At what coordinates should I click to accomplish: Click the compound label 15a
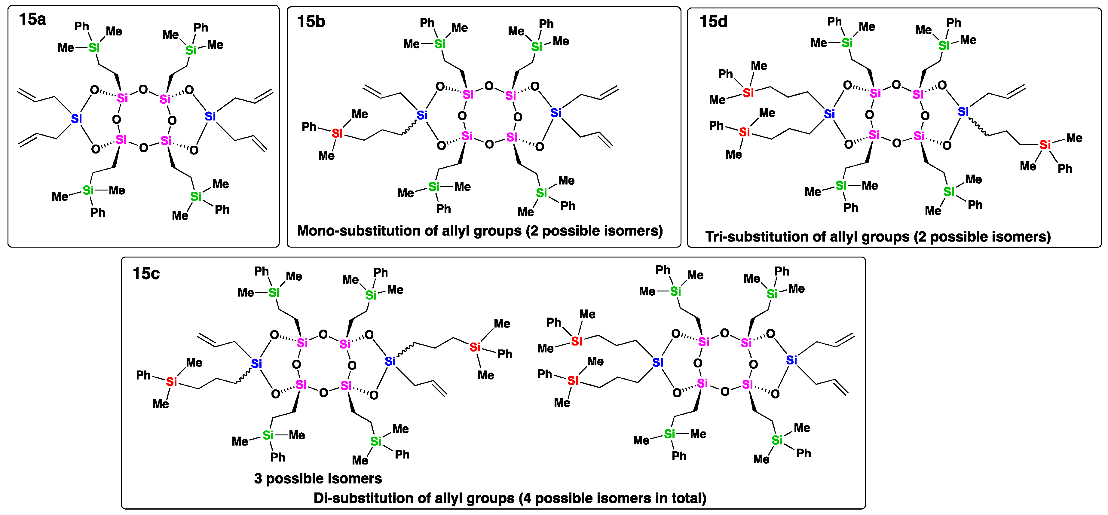coord(32,19)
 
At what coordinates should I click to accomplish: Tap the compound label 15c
coord(146,273)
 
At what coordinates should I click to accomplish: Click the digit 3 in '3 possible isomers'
coord(258,478)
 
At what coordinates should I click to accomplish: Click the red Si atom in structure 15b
coord(337,133)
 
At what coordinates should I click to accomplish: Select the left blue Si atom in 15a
coord(76,118)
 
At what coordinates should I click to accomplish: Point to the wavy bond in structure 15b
coord(409,128)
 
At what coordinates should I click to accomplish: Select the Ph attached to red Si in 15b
coord(309,127)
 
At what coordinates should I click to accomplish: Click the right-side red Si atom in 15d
coord(1045,145)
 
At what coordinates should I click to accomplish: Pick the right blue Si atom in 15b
coord(556,113)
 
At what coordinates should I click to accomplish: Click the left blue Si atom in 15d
coord(829,114)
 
